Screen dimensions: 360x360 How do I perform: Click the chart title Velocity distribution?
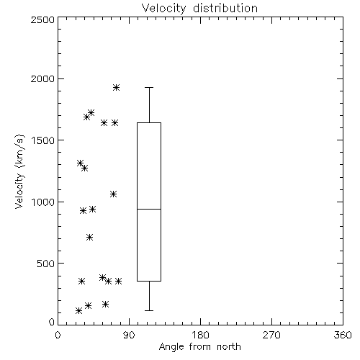[199, 8]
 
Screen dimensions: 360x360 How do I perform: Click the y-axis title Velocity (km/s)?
[19, 171]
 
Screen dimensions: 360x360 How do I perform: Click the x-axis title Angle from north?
[200, 347]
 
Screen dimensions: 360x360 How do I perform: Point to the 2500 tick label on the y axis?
[42, 19]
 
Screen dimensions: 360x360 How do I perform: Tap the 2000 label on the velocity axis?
[42, 78]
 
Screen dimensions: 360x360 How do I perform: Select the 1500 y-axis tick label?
[43, 140]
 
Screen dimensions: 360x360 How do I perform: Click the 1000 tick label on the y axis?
[43, 202]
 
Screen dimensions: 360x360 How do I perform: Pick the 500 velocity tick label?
[46, 264]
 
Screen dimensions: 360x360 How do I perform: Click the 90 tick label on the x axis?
[129, 335]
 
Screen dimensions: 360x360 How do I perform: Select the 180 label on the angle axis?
[200, 335]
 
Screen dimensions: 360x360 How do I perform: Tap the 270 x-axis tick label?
[271, 335]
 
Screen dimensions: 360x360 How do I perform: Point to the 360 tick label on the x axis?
[343, 335]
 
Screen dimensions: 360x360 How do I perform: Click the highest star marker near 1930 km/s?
[117, 87]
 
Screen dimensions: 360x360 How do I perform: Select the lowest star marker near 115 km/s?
[78, 311]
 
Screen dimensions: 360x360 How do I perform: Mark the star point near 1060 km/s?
[114, 194]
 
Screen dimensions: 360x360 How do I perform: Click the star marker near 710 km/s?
[89, 238]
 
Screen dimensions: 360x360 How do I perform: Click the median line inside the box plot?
[149, 209]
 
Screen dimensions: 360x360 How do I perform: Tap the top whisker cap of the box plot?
[149, 88]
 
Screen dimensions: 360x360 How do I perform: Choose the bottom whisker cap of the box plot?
[149, 310]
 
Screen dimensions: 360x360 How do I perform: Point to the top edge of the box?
[149, 123]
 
